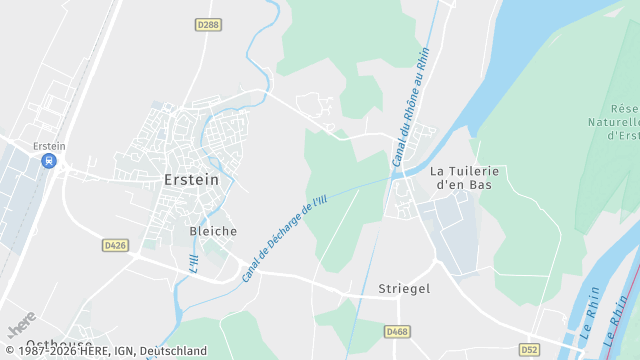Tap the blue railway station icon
(x=48, y=161)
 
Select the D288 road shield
(x=208, y=24)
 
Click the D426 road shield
(x=115, y=244)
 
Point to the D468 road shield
(x=397, y=330)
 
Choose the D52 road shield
(x=529, y=349)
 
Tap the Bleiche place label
(x=213, y=231)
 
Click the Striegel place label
(x=404, y=289)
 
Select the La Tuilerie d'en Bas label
(x=463, y=178)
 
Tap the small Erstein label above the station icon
(x=49, y=145)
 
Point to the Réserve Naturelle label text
(x=624, y=122)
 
